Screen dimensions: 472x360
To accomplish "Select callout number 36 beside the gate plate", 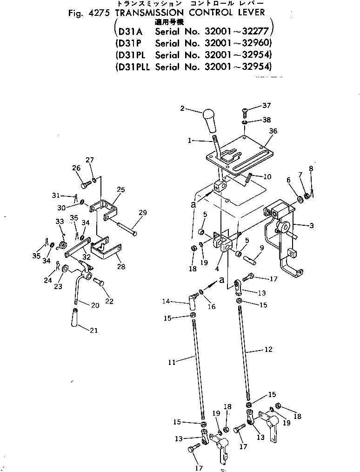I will coord(273,131).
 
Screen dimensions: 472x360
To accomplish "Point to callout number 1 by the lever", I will coord(189,140).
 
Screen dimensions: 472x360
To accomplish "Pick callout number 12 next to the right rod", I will coord(268,349).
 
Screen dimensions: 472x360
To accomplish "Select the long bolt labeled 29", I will coord(127,226).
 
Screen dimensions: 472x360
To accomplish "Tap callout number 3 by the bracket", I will coord(312,226).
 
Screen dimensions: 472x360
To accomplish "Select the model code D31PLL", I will coord(133,66).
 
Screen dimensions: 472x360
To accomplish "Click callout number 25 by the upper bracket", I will coord(121,189).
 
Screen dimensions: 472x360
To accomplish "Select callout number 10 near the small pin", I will coord(267,177).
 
